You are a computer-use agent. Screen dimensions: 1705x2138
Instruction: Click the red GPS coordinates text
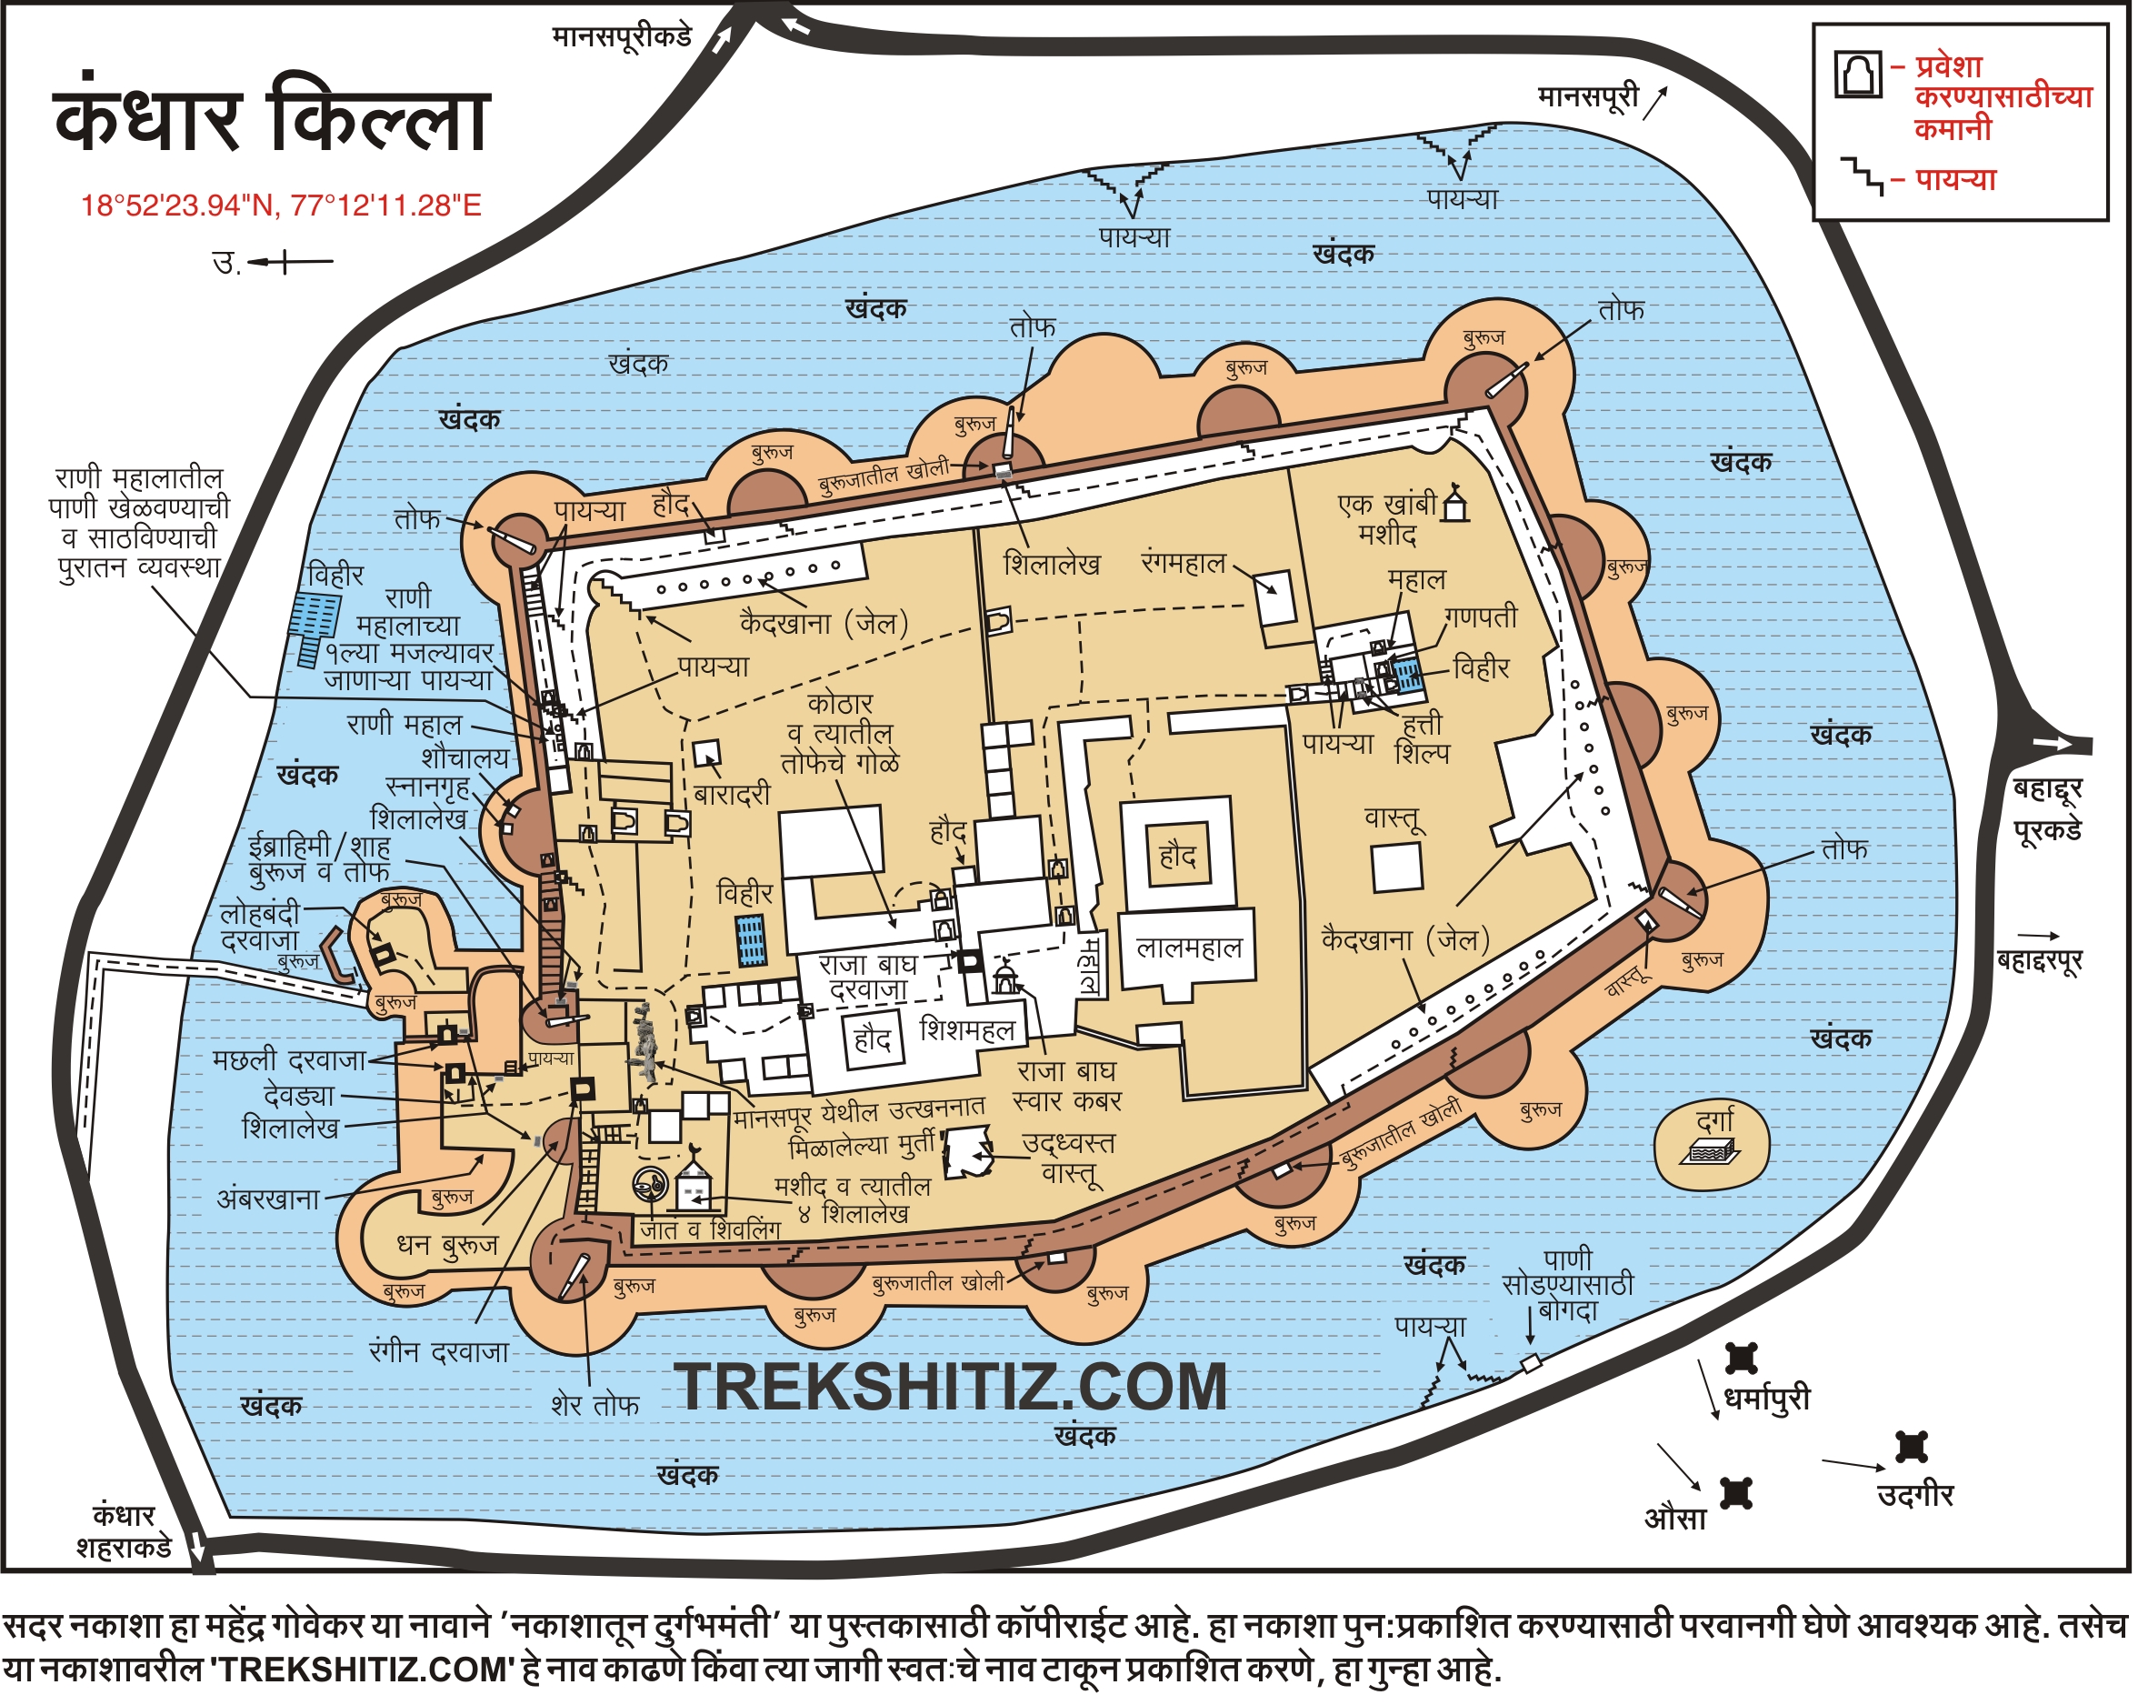[x=281, y=206]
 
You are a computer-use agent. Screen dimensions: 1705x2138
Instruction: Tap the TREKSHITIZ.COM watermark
[x=950, y=1388]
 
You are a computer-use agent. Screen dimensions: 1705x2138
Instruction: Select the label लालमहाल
[x=1188, y=949]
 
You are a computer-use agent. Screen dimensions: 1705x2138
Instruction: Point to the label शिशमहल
[x=968, y=1030]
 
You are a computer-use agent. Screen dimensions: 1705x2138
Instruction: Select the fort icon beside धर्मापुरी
[x=1742, y=1359]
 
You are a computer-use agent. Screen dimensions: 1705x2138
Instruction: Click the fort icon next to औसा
[x=1735, y=1494]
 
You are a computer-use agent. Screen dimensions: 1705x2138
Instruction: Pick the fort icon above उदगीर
[x=1911, y=1447]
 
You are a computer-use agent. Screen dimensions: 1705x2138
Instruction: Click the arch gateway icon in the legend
[x=1857, y=75]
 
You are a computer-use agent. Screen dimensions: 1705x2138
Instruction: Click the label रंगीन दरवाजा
[x=438, y=1353]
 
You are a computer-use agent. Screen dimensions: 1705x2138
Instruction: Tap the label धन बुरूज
[x=446, y=1246]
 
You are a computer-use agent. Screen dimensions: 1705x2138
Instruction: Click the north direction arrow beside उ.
[x=290, y=263]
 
